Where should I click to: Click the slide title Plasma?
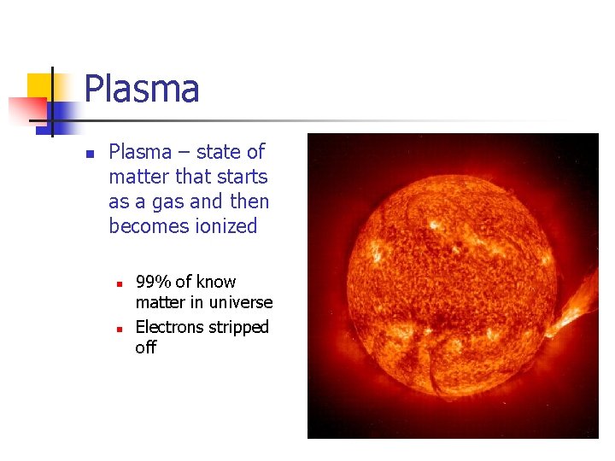point(142,90)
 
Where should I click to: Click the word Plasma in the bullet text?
point(140,152)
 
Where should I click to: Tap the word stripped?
point(239,327)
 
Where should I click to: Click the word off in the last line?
point(146,347)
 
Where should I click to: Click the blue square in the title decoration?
point(61,113)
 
